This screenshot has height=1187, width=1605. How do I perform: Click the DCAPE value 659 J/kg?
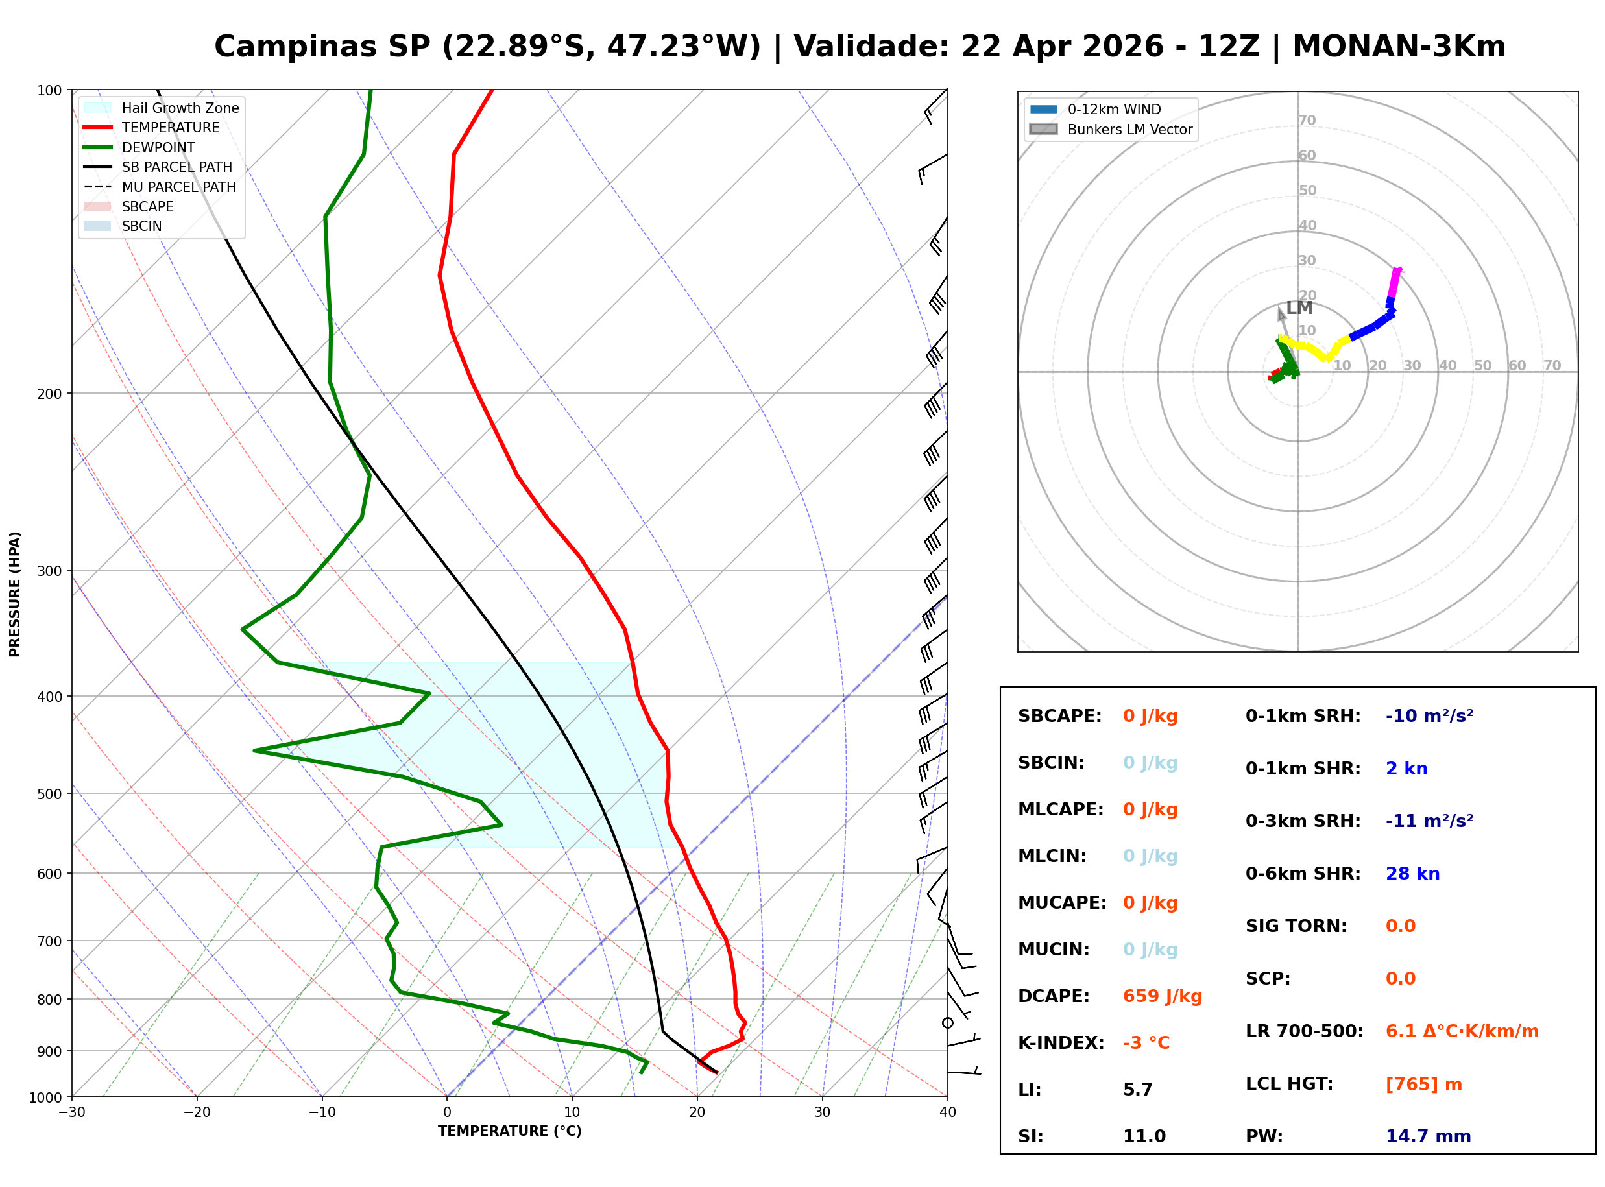pos(1162,996)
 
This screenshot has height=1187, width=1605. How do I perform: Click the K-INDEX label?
pos(1061,1042)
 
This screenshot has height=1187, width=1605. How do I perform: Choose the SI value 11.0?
pos(1144,1136)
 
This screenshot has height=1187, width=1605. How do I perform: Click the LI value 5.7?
pos(1137,1089)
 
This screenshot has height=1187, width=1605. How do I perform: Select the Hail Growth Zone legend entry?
pos(180,108)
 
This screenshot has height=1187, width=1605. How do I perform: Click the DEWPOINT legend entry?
pos(158,147)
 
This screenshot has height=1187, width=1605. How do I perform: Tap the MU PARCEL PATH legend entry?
pos(178,187)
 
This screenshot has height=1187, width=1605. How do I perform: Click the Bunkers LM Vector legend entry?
pos(1129,129)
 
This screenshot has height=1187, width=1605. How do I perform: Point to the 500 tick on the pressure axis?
pos(49,794)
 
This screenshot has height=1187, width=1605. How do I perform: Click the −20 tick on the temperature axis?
pos(196,1112)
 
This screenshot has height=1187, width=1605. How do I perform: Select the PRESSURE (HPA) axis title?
pos(15,593)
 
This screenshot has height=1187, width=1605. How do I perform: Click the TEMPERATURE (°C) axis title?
pos(509,1131)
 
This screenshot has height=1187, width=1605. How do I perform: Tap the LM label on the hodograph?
pos(1299,307)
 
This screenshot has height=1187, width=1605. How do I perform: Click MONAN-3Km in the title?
pos(1398,47)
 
